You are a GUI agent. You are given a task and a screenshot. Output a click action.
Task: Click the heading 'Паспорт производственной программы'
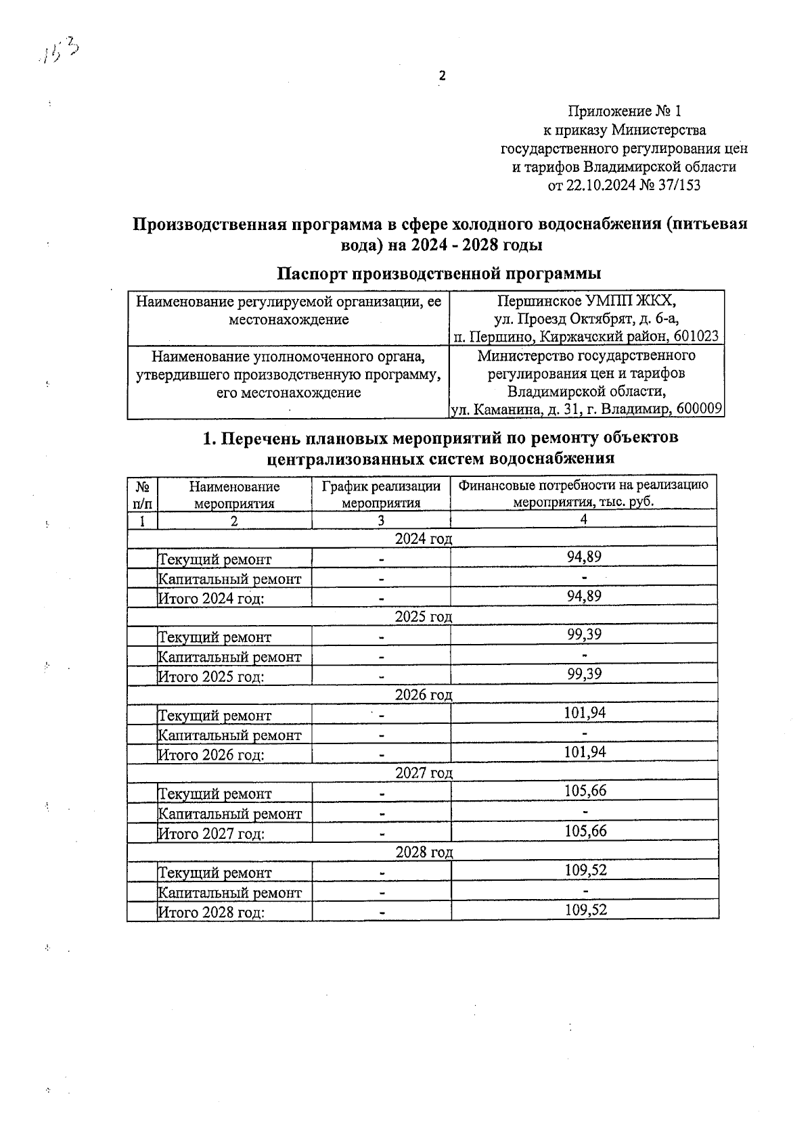point(439,274)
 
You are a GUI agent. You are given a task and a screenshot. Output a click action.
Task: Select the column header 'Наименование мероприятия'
point(234,495)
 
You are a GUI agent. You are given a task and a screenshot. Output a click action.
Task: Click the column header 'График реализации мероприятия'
point(381,495)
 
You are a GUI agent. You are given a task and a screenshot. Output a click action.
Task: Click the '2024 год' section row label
point(423,538)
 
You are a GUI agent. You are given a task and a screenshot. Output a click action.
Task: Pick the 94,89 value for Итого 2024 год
point(584,597)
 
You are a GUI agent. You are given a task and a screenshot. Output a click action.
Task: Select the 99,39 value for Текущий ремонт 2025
point(584,635)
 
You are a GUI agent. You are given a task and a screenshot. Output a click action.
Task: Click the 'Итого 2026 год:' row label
point(210,755)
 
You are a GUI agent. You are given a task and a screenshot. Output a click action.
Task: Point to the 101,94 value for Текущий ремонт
point(585,713)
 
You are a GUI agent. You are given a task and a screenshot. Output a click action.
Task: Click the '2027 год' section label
point(424,773)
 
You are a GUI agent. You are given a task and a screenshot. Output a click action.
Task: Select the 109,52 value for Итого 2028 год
point(585,911)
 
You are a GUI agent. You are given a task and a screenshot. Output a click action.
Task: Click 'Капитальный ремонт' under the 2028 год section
point(229,893)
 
